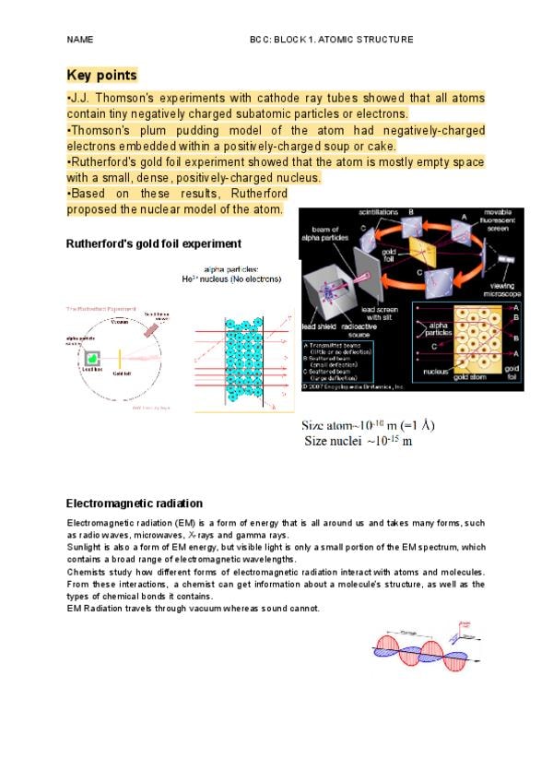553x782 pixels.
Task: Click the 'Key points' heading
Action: pos(102,75)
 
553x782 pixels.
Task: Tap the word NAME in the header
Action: pos(80,40)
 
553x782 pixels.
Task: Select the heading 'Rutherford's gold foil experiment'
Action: pos(154,243)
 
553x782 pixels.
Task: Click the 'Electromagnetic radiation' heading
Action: pos(134,504)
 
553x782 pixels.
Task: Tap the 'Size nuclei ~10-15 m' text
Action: pos(359,442)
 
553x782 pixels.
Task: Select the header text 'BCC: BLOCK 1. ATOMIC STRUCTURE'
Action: pos(331,40)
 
